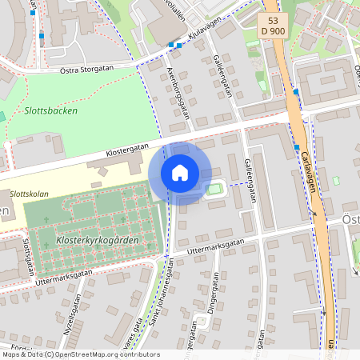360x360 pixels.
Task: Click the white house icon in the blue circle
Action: click(x=180, y=173)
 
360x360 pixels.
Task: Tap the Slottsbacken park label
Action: click(x=50, y=111)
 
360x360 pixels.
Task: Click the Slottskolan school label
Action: click(x=29, y=194)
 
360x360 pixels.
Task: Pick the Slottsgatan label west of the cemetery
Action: click(x=27, y=254)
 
